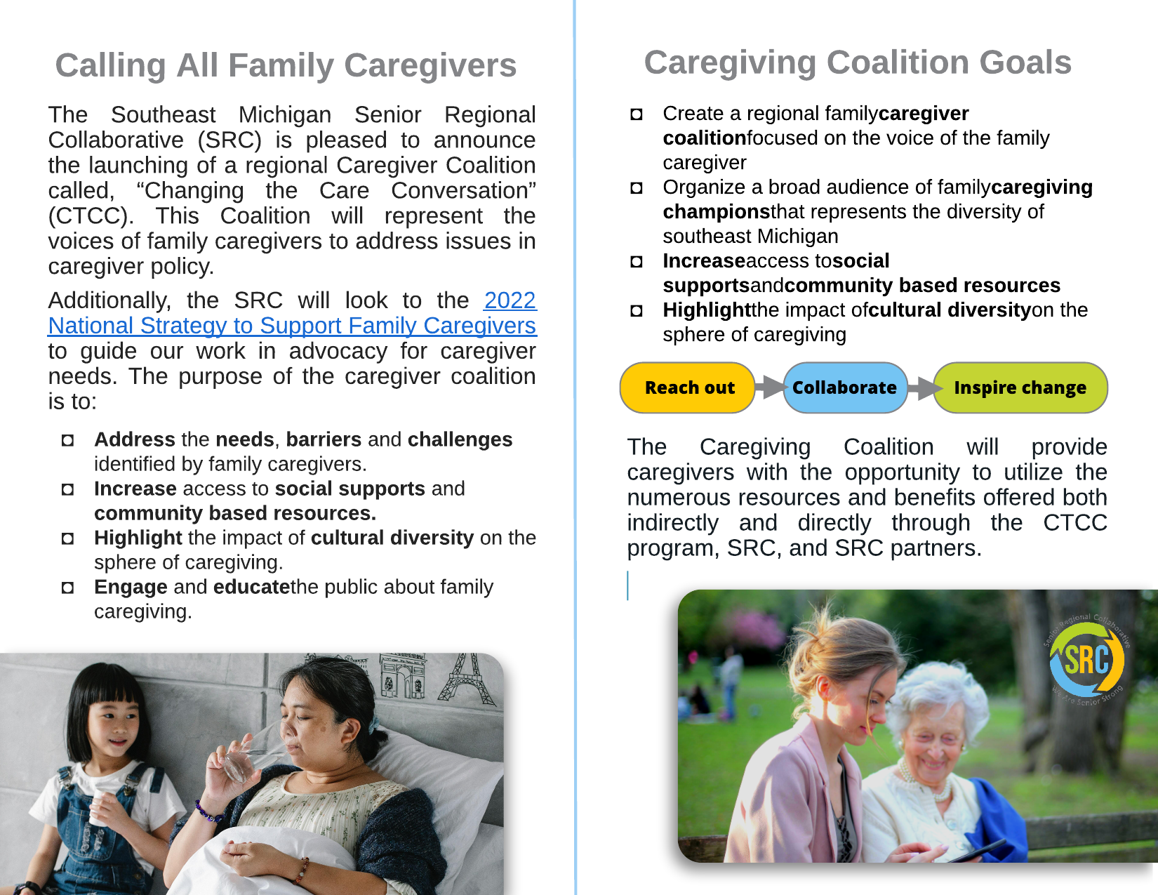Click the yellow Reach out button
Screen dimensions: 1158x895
click(688, 387)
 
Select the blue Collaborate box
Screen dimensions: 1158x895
click(845, 387)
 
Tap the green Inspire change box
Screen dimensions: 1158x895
click(1020, 387)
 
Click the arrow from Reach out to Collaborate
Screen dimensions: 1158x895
click(769, 387)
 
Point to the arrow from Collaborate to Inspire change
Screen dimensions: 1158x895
click(921, 387)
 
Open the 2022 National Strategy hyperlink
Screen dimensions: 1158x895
click(292, 313)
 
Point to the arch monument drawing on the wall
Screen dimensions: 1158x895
click(403, 676)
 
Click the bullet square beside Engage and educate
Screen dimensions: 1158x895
click(67, 588)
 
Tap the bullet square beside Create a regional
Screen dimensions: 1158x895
click(637, 114)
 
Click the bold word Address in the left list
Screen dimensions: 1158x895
click(135, 439)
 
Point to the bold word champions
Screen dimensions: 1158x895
click(717, 212)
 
